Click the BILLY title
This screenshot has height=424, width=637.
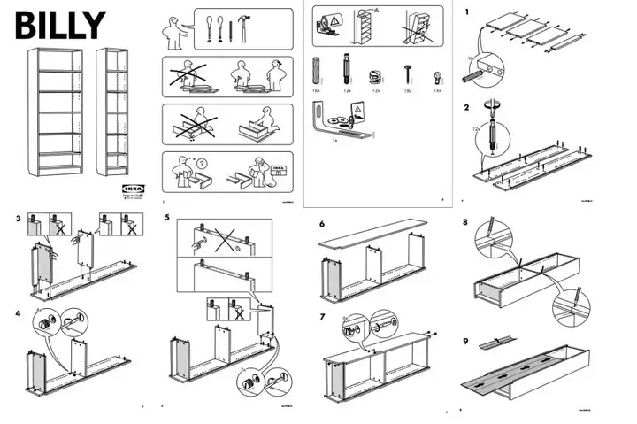tap(59, 25)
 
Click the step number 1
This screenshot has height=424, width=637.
tap(467, 12)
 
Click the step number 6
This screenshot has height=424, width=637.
tap(322, 222)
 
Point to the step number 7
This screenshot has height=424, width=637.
tap(322, 316)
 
